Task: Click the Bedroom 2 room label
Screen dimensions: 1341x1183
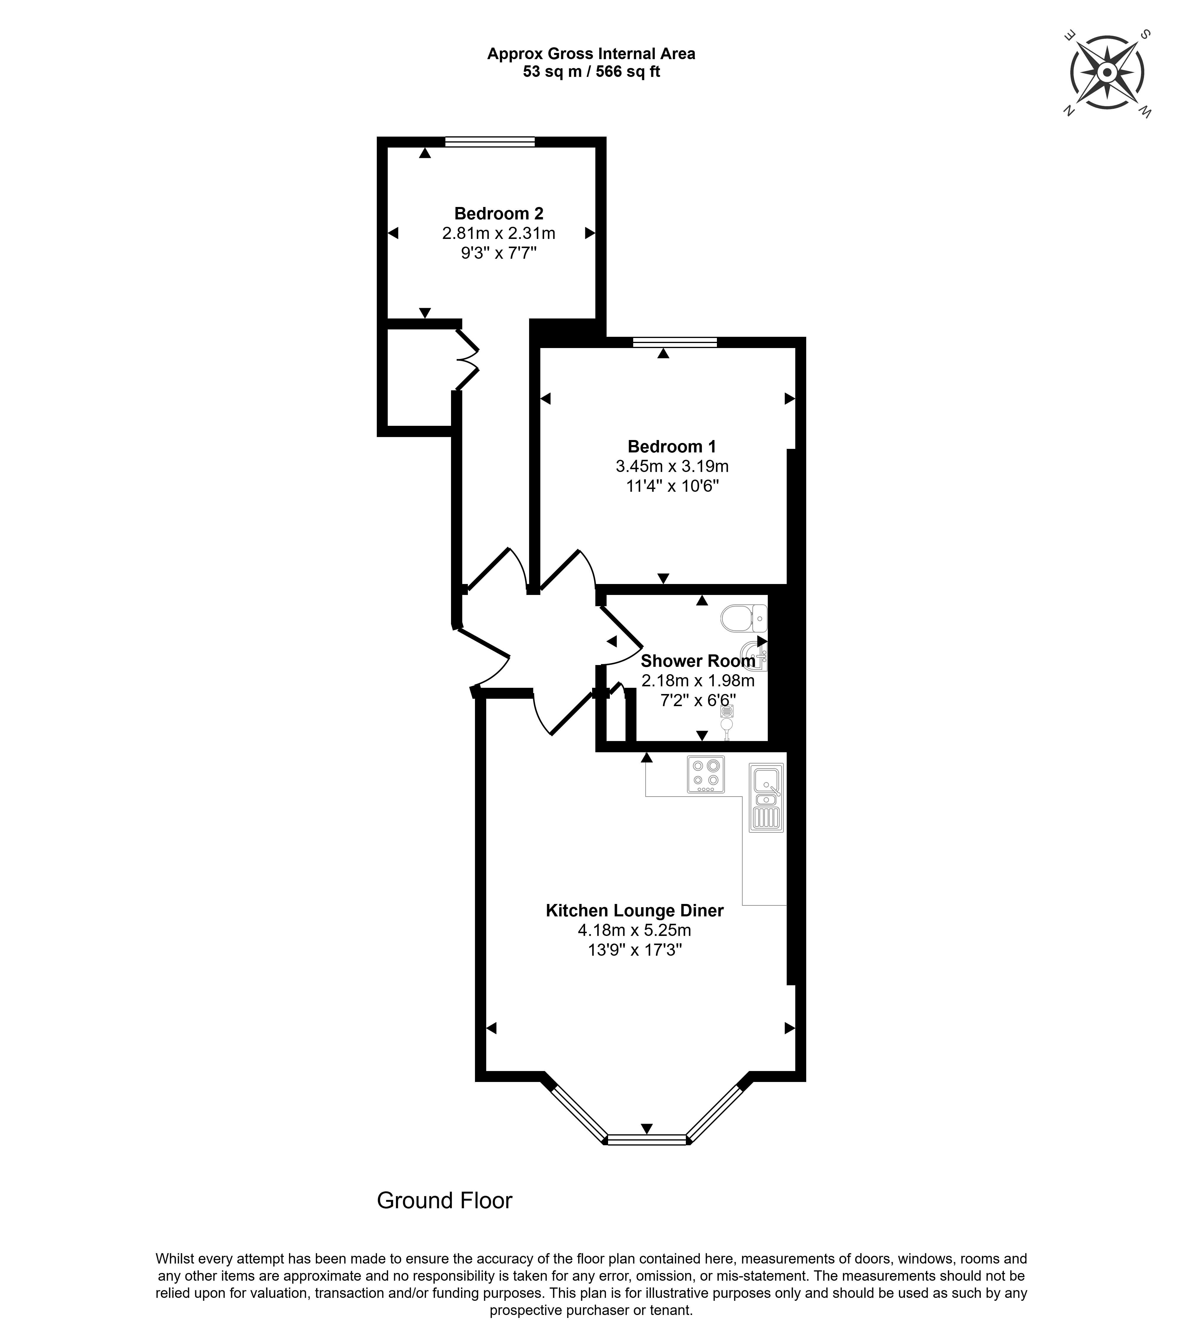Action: [x=499, y=214]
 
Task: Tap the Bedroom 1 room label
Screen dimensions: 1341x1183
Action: [x=672, y=447]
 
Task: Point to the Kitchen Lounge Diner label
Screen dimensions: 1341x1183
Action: [x=634, y=911]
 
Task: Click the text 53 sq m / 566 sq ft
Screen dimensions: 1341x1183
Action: [x=591, y=72]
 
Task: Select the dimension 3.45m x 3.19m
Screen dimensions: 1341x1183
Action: [x=672, y=466]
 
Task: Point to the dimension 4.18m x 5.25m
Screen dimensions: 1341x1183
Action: [x=634, y=930]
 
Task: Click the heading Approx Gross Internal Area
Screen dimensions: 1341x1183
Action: [x=591, y=54]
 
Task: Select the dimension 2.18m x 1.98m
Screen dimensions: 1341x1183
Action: [x=697, y=680]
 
